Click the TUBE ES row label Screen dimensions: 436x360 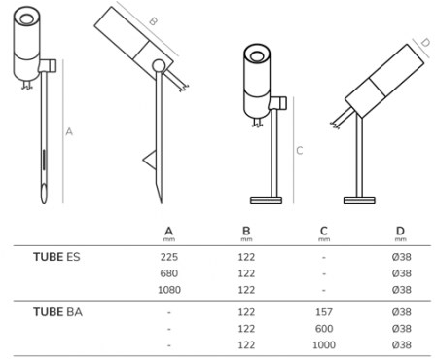(x=56, y=257)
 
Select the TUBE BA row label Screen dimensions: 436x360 (x=57, y=312)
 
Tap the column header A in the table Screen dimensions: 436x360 (x=169, y=232)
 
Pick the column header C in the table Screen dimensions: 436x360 (x=324, y=231)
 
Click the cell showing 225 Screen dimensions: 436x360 (x=169, y=257)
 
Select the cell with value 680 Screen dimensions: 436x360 (x=169, y=273)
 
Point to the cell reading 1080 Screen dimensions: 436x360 (x=169, y=290)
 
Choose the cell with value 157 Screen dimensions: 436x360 (x=324, y=312)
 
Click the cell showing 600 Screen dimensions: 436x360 (x=324, y=329)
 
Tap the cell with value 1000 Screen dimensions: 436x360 (x=324, y=344)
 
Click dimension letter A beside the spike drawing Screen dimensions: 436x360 (x=69, y=132)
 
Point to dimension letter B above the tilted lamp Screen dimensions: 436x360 (x=154, y=21)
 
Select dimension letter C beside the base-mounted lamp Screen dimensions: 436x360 (x=300, y=151)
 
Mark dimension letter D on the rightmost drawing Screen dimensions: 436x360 (x=425, y=42)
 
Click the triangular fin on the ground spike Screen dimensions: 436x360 (x=150, y=160)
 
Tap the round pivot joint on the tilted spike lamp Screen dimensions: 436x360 (x=159, y=66)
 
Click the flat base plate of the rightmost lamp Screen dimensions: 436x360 (x=359, y=200)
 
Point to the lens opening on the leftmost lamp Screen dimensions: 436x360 (x=26, y=18)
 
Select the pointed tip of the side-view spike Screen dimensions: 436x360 (x=161, y=201)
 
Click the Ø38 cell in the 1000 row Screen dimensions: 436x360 (x=402, y=344)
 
